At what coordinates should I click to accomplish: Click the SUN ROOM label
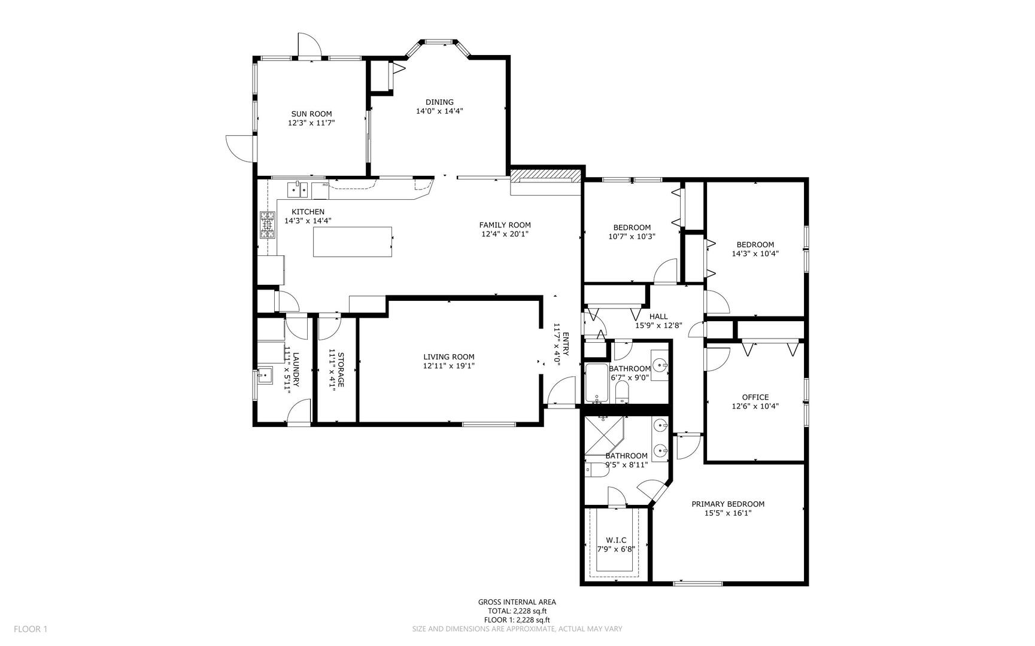click(x=311, y=114)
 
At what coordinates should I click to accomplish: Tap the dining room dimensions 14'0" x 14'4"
click(x=439, y=111)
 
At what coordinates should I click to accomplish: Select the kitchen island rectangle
click(x=353, y=242)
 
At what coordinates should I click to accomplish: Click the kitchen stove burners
click(x=267, y=225)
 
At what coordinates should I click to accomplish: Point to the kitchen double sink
click(x=297, y=190)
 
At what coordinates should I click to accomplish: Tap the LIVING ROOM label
click(x=448, y=357)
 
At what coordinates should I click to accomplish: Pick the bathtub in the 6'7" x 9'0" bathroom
click(x=596, y=383)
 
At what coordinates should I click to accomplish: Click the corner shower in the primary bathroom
click(x=603, y=435)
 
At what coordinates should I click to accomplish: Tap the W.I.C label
click(x=616, y=540)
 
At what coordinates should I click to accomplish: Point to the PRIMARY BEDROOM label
click(x=727, y=504)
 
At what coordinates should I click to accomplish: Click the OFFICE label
click(x=755, y=397)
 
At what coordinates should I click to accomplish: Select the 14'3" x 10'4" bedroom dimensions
click(x=755, y=254)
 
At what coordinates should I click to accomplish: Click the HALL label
click(x=658, y=316)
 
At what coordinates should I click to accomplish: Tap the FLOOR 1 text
click(x=30, y=629)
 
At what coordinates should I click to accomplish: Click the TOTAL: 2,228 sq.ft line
click(x=517, y=611)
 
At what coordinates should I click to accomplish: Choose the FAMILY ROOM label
click(x=505, y=225)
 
